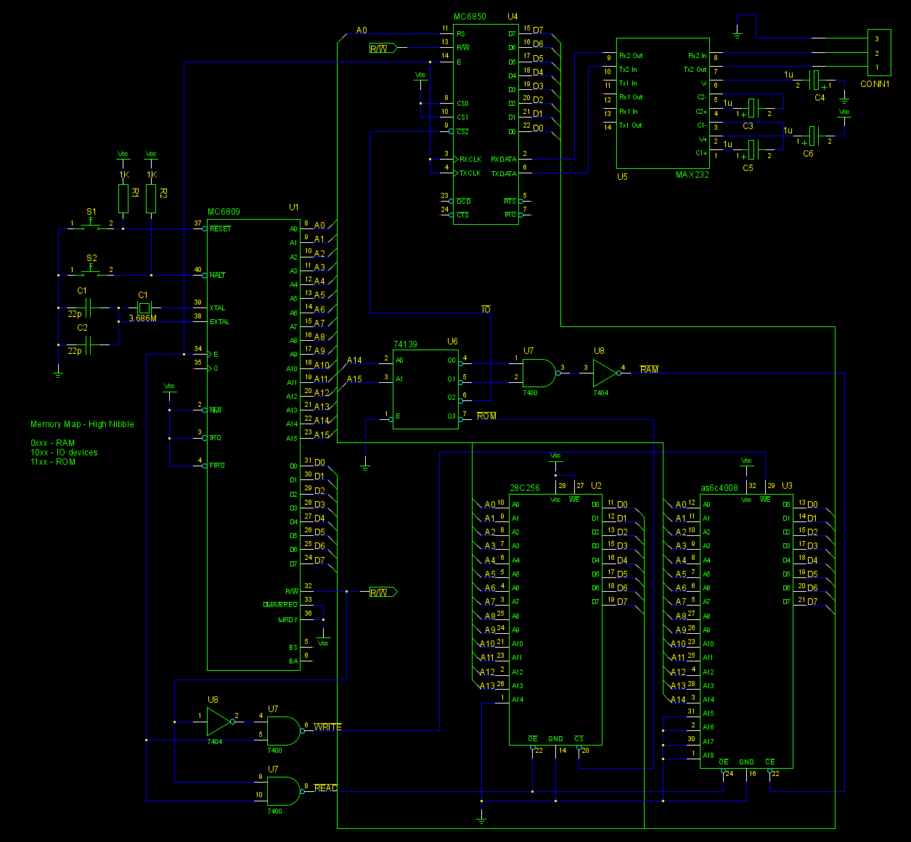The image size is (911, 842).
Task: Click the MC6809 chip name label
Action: tap(224, 212)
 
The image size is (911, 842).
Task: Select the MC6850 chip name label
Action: tap(470, 17)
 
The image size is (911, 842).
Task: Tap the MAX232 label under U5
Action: tap(692, 175)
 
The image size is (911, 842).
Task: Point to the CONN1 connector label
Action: tap(875, 84)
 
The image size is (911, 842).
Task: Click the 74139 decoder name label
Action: tap(405, 344)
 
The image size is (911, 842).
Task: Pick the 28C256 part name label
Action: tap(524, 488)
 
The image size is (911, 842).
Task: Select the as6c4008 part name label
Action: tap(719, 488)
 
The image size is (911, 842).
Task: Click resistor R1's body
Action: tap(123, 199)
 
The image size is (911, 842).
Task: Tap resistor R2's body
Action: tap(151, 199)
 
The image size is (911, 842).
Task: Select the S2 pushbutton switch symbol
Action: tap(91, 271)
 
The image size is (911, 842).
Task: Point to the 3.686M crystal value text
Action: tap(142, 318)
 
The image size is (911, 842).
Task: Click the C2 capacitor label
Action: tap(82, 328)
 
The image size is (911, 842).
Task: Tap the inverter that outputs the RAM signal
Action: tap(604, 373)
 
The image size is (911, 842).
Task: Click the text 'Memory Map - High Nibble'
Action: tap(82, 424)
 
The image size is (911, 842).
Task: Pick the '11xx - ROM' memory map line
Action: tap(53, 462)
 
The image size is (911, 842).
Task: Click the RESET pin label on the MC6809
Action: tap(220, 229)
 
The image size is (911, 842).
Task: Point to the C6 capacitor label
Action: tap(808, 154)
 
